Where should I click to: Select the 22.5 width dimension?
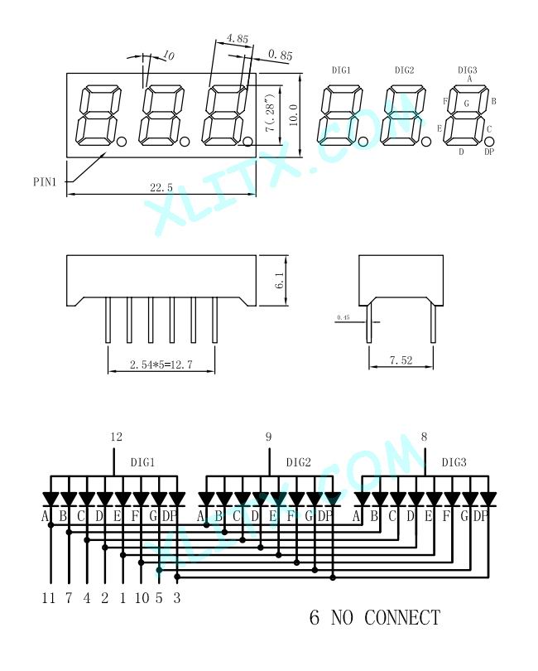162,189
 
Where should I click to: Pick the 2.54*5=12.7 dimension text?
161,364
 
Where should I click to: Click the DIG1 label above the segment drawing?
341,70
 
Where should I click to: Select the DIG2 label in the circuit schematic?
298,462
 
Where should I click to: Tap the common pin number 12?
116,437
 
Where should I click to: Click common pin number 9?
268,437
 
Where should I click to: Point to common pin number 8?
424,437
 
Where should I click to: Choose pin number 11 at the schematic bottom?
50,596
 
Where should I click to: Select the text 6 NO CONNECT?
374,617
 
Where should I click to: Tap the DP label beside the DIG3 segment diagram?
489,152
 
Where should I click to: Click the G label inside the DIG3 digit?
466,104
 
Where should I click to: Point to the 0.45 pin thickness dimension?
343,317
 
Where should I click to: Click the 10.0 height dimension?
292,108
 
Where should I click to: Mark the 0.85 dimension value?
281,56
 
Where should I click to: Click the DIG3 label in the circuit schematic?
454,462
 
